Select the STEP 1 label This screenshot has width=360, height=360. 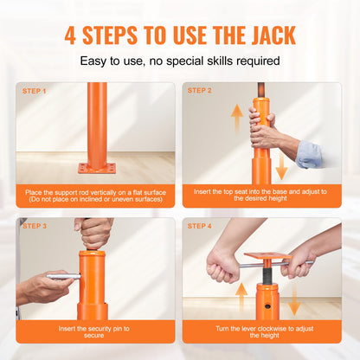(35, 91)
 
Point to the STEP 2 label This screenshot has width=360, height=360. (201, 91)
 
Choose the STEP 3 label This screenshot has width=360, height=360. (35, 226)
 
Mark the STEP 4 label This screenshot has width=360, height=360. (201, 226)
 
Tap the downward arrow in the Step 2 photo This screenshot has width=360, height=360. (282, 167)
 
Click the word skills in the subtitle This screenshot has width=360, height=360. (211, 61)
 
